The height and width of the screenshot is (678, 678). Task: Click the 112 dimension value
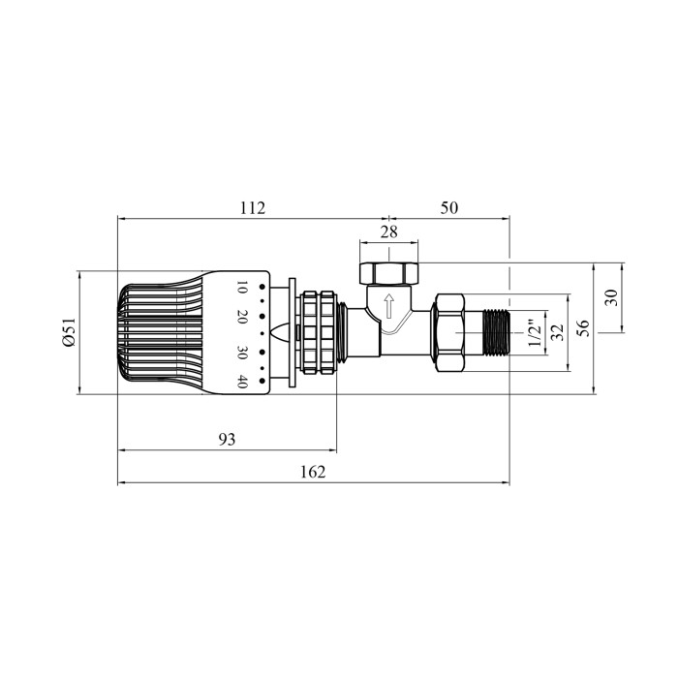[x=253, y=208]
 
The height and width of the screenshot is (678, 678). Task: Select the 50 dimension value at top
[x=448, y=208]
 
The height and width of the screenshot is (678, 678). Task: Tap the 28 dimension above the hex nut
[x=388, y=232]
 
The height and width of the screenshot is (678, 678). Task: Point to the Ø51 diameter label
[x=69, y=332]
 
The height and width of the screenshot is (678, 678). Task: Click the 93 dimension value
[x=227, y=440]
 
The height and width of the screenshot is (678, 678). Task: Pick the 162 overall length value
[x=313, y=472]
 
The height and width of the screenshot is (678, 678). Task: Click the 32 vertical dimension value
[x=558, y=332]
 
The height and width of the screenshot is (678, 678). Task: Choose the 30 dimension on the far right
[x=611, y=298]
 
